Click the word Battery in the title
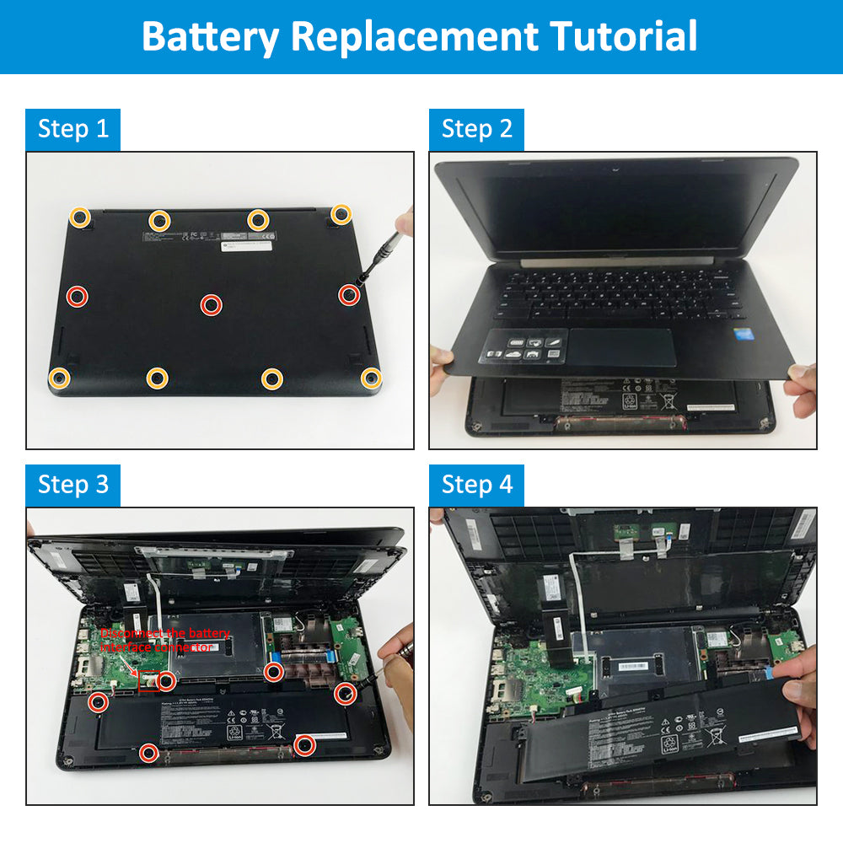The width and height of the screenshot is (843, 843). click(x=211, y=36)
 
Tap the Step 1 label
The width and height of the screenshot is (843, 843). click(x=73, y=129)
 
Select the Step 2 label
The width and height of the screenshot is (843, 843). click(x=476, y=129)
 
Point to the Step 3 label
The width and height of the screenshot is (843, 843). click(x=73, y=485)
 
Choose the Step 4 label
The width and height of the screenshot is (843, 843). click(x=476, y=485)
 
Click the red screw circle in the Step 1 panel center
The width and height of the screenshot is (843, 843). click(x=211, y=305)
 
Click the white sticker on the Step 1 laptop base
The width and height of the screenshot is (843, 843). click(x=247, y=244)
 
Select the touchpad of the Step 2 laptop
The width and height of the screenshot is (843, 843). click(x=622, y=346)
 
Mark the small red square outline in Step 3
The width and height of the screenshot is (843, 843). click(x=148, y=681)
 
